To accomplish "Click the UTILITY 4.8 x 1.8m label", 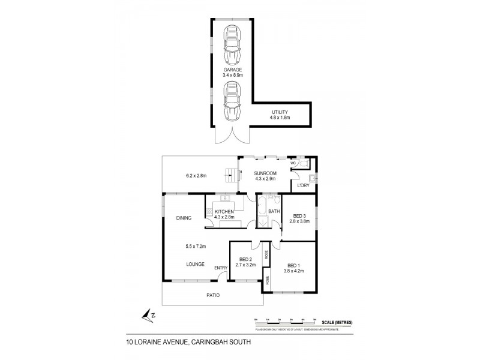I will pos(280,115).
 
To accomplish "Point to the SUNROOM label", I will pos(265,176).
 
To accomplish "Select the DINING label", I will pos(184,218).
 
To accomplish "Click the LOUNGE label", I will pos(194,264).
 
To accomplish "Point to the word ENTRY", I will pos(221,268).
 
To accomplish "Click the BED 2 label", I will pos(245,262).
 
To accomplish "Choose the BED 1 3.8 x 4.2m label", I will pos(293,268).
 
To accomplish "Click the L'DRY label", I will pos(302,187).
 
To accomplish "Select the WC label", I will pos(293,163).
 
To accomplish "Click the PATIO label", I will pos(213,295).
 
